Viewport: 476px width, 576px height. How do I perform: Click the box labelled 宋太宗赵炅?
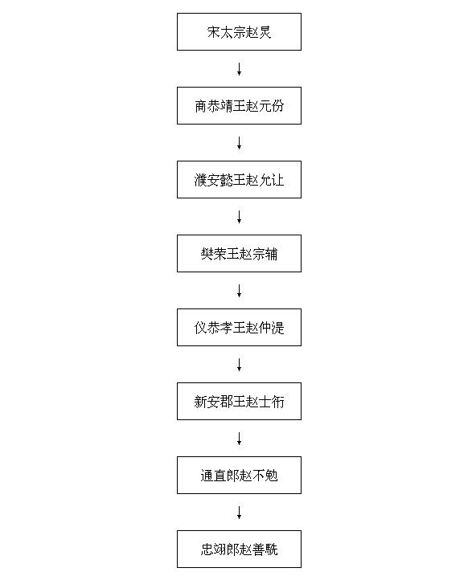coord(239,32)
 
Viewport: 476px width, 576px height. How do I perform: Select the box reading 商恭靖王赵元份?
coord(239,106)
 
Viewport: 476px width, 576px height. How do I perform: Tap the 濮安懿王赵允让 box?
coord(239,180)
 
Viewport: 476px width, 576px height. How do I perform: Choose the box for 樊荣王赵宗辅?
coord(239,254)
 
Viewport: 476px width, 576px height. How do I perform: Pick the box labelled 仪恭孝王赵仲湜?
coord(239,327)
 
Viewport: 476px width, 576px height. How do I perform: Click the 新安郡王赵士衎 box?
coord(239,401)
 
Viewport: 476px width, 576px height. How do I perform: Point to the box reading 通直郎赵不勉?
coord(239,475)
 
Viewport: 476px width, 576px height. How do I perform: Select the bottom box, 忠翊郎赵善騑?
coord(239,549)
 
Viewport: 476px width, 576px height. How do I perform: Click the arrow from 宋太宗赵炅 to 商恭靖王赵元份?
coord(240,69)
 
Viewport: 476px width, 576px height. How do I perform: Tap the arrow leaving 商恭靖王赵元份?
coord(240,143)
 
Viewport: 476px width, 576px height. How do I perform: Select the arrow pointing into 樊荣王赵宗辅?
coord(240,217)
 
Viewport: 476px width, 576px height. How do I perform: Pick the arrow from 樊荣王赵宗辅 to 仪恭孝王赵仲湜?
coord(240,291)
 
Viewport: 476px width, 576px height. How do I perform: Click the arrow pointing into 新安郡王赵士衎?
coord(240,365)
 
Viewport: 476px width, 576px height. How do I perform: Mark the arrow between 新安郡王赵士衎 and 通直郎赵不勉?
coord(240,439)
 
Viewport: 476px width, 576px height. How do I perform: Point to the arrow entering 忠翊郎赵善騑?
coord(240,512)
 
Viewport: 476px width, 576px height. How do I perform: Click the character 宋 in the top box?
coord(213,32)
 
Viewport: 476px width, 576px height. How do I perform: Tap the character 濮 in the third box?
coord(200,180)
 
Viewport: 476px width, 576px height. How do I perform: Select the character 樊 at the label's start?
coord(207,254)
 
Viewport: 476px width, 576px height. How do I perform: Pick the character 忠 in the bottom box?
coord(207,549)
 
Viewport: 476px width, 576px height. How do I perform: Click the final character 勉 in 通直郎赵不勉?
coord(271,476)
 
